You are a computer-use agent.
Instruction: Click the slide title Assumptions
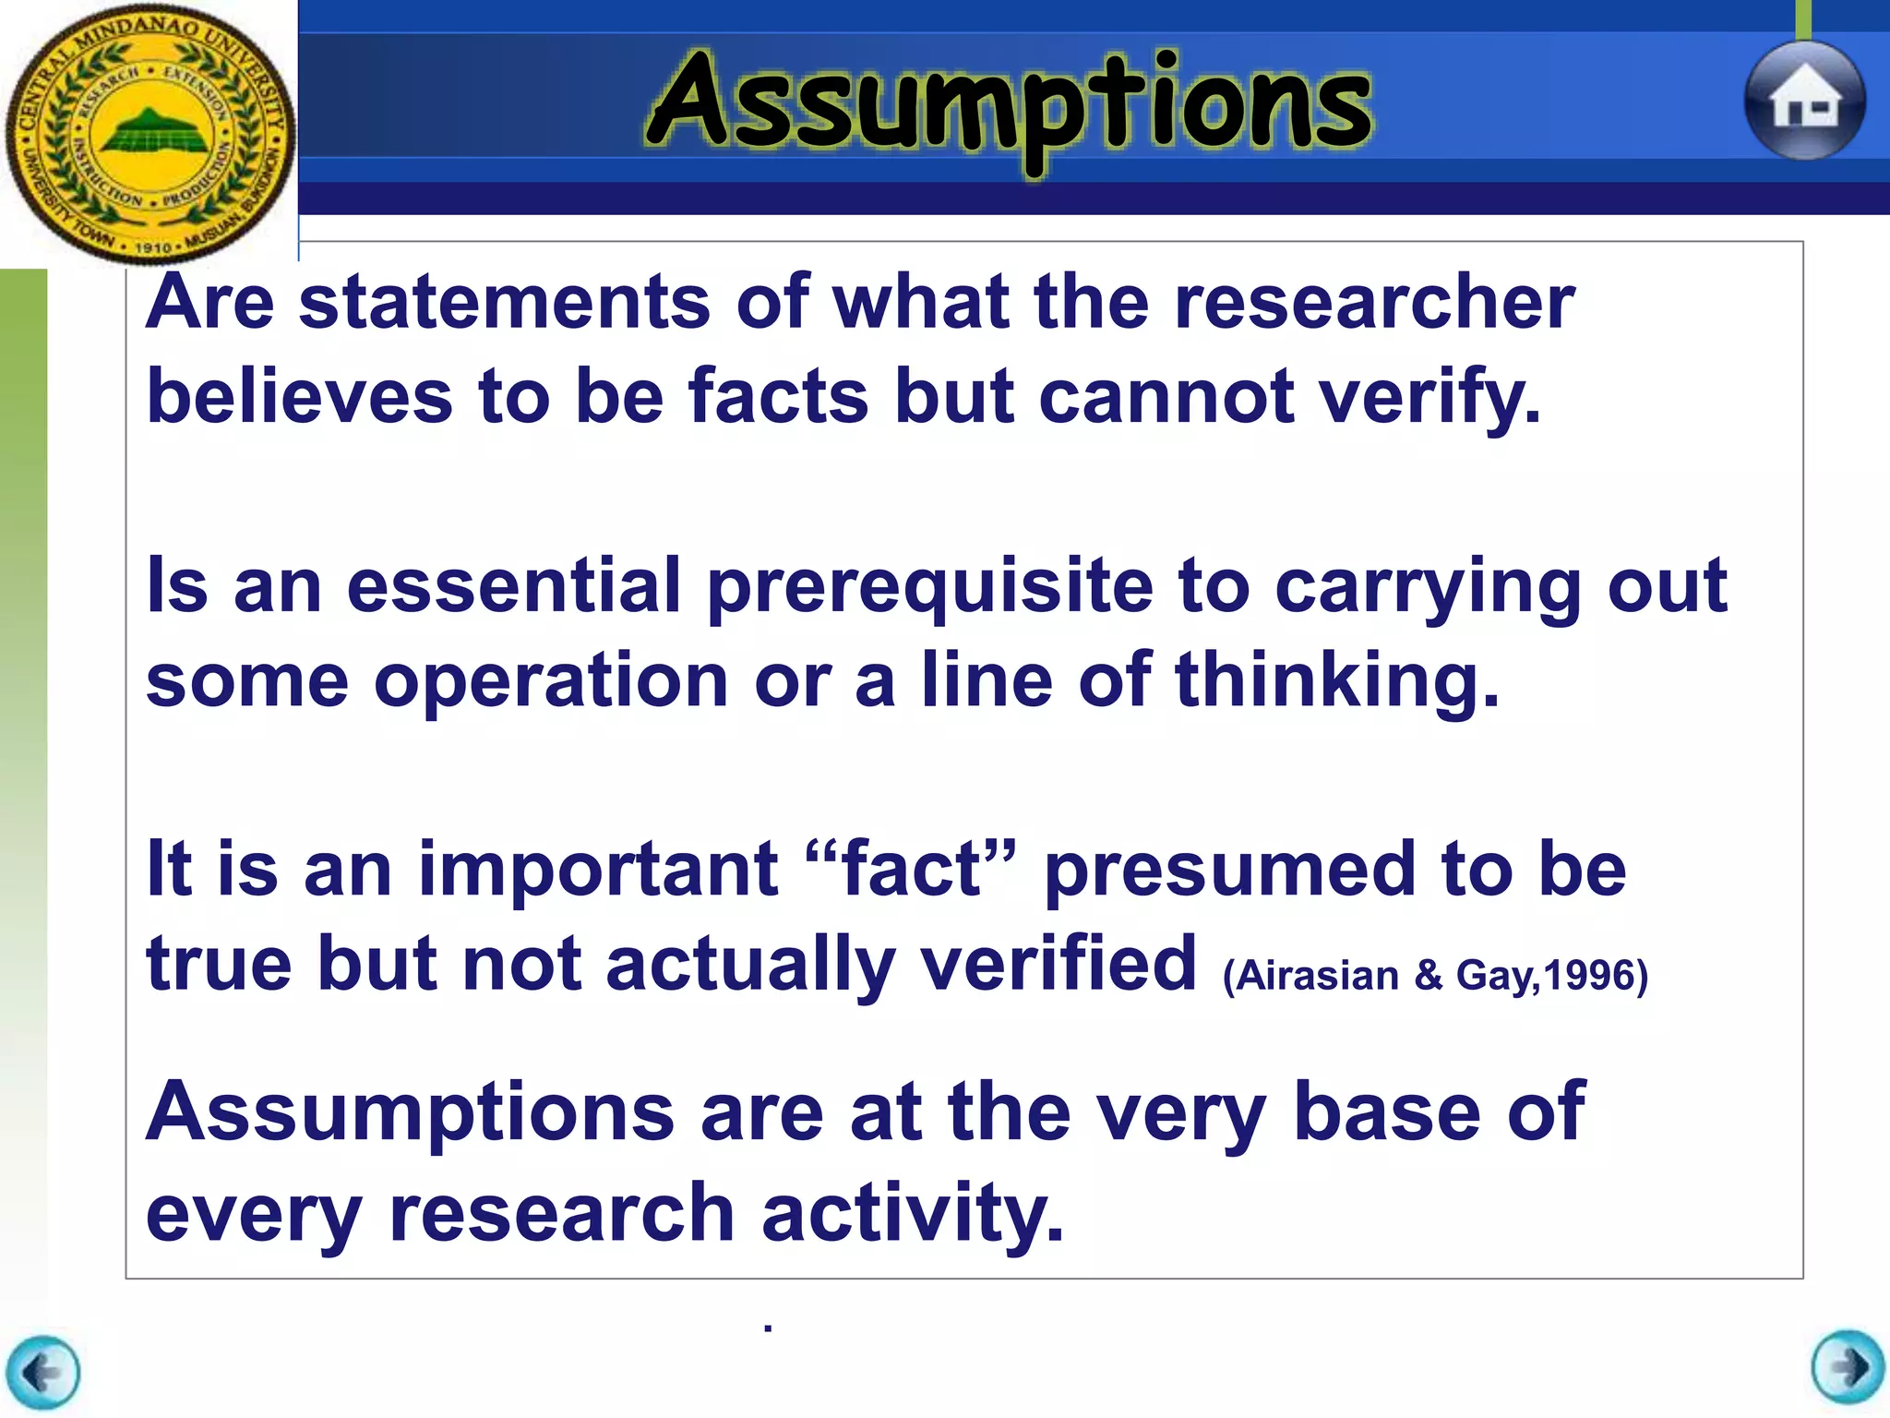coord(1010,103)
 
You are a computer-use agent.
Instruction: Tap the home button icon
coord(1804,102)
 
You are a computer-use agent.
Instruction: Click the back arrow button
coord(42,1373)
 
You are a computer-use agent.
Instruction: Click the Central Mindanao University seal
coord(150,134)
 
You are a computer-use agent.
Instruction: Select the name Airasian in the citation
coord(1317,976)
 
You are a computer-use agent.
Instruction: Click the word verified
coord(1059,965)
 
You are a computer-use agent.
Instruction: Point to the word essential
coord(513,587)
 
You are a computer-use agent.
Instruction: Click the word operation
coord(551,681)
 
